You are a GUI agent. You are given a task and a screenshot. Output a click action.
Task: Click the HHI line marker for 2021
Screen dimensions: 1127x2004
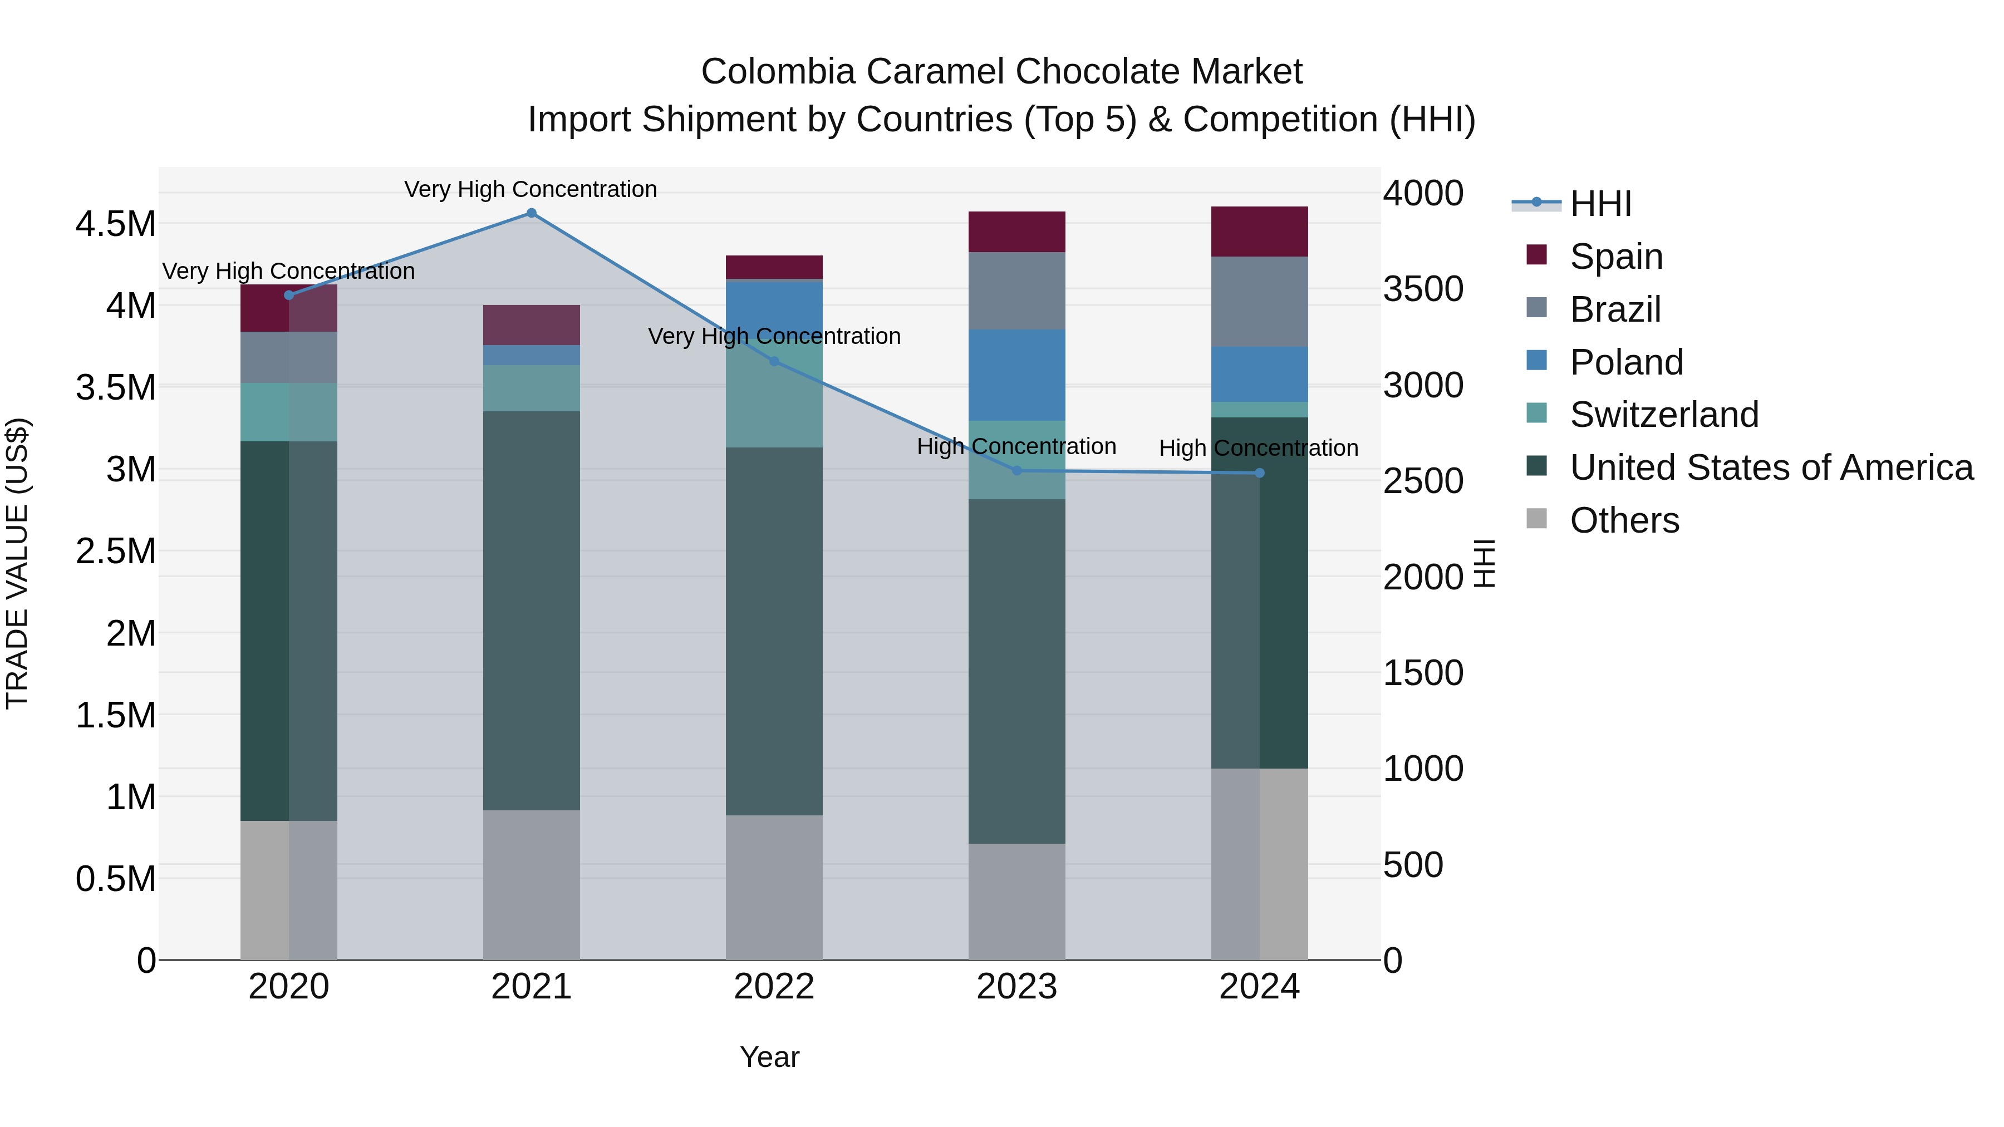[x=532, y=213]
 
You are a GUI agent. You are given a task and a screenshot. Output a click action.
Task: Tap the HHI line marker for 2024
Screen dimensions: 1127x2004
[x=1260, y=473]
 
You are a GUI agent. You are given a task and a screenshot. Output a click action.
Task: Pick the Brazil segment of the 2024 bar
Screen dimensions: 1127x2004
[x=1260, y=302]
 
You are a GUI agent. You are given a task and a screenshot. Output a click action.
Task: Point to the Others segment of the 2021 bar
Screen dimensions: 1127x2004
[x=532, y=884]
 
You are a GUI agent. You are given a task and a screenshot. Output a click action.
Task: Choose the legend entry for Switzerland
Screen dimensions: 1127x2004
[x=1663, y=415]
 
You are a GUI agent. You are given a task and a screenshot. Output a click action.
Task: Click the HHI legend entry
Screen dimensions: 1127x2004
[x=1600, y=204]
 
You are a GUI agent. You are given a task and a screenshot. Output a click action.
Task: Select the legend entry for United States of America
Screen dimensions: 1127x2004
[x=1771, y=467]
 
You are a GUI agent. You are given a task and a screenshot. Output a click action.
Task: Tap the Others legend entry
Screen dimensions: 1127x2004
[x=1624, y=520]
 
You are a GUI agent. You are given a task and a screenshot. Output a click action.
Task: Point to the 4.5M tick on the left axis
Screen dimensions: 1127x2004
[x=115, y=224]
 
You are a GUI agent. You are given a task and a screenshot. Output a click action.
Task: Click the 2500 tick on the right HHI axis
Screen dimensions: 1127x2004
[x=1423, y=481]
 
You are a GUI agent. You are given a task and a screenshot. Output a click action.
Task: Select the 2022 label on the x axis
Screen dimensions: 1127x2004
[x=774, y=987]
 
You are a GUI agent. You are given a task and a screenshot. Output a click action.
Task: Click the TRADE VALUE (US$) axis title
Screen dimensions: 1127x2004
[x=17, y=563]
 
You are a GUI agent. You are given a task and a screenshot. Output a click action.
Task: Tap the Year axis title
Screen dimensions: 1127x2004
[x=769, y=1057]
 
